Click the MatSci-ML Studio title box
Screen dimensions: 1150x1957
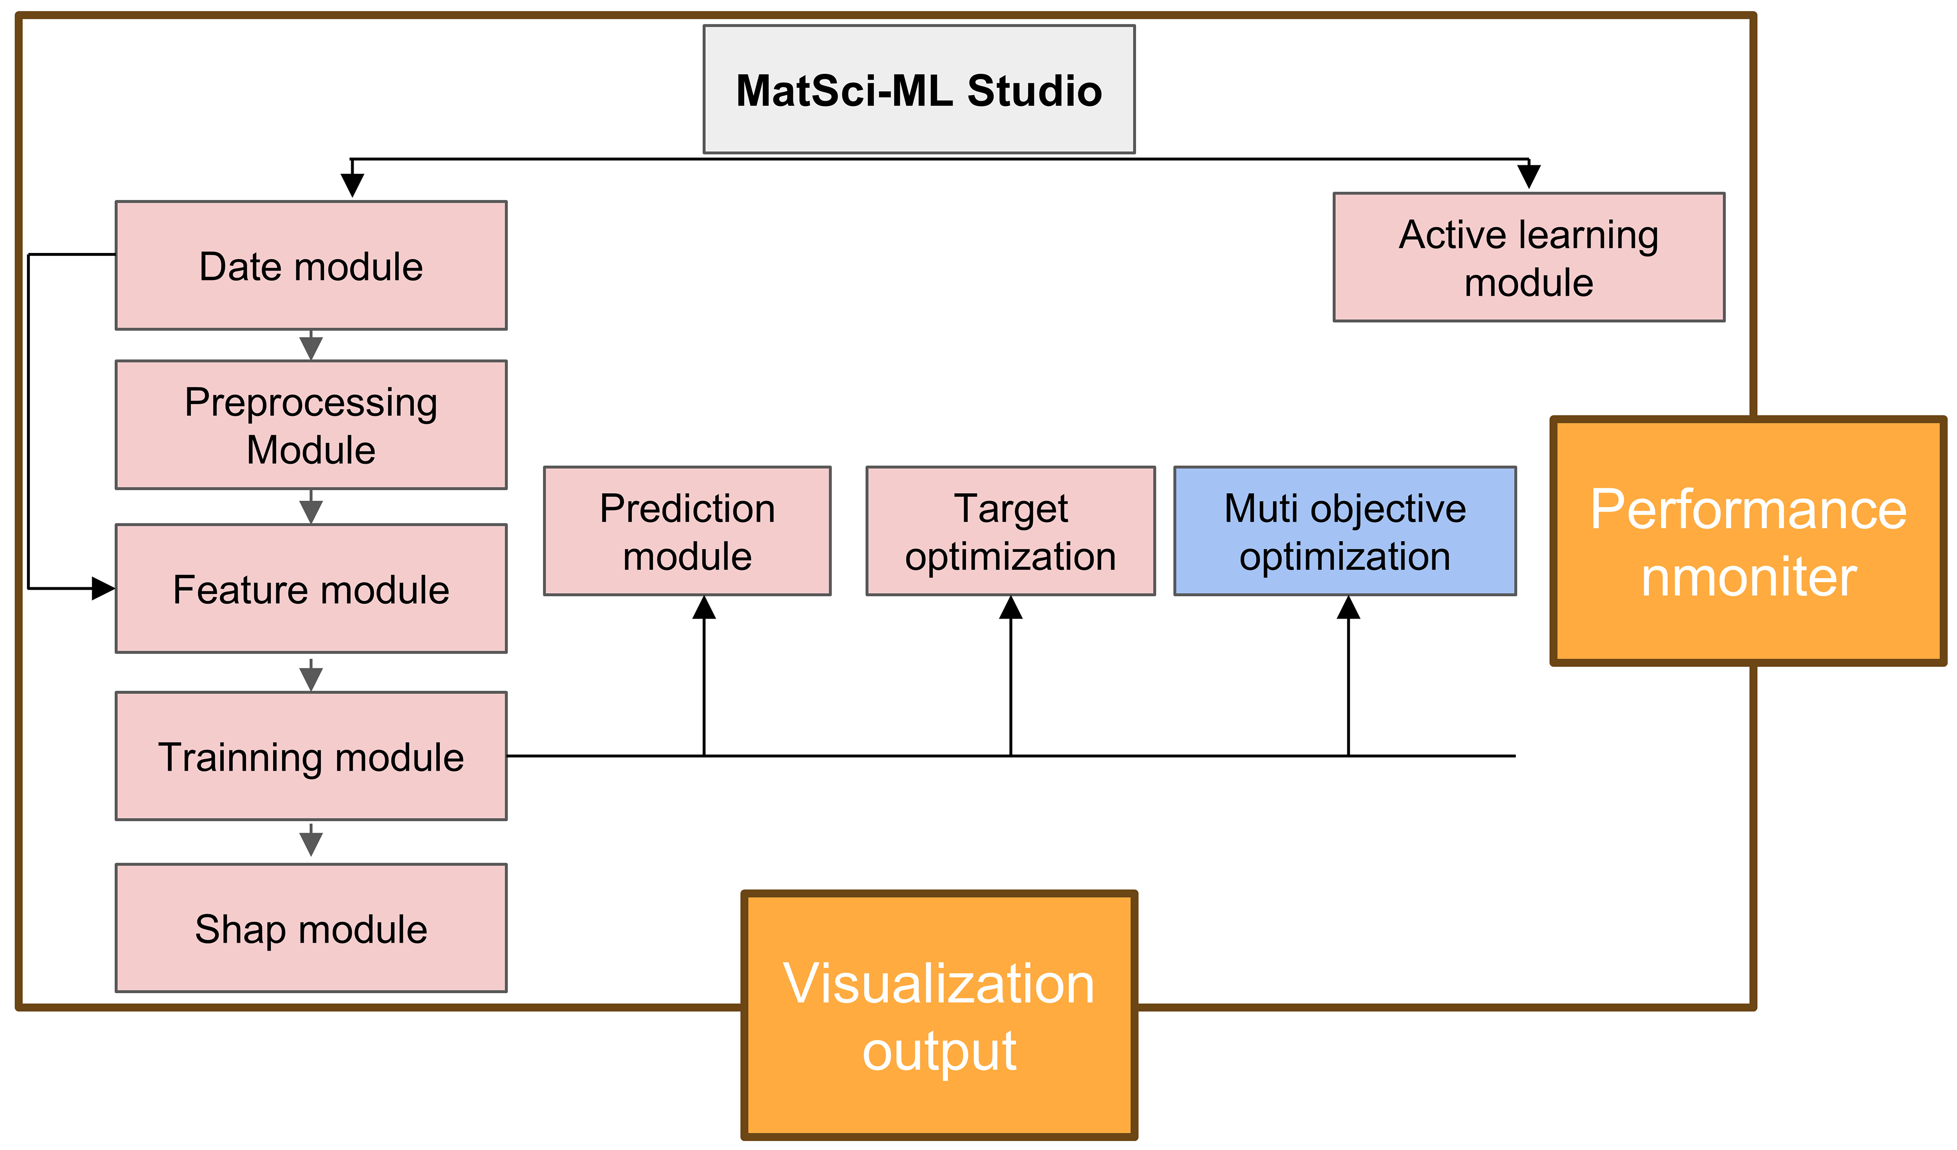click(x=919, y=90)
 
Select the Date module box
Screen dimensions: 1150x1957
click(x=311, y=266)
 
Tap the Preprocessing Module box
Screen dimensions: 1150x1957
click(x=311, y=425)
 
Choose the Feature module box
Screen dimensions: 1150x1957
click(x=311, y=589)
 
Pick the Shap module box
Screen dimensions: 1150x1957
click(x=311, y=928)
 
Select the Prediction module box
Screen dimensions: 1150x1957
click(x=687, y=531)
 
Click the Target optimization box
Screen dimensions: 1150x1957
click(x=1010, y=531)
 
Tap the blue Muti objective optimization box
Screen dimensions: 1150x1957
click(x=1344, y=531)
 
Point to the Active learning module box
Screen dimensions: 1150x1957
click(x=1528, y=257)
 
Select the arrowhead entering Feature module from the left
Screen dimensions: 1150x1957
click(x=103, y=589)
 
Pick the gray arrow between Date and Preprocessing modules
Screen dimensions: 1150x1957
click(x=311, y=347)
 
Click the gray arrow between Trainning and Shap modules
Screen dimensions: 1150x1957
click(x=311, y=842)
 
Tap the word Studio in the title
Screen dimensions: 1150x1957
click(x=1034, y=91)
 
